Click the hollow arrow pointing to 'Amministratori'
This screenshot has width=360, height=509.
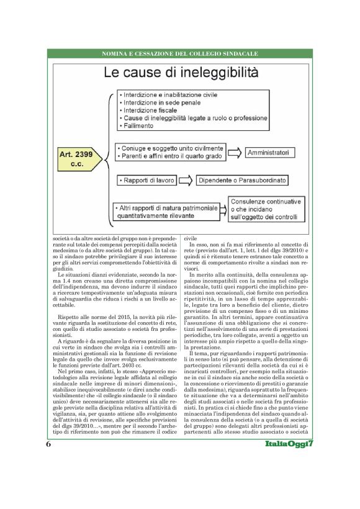[233, 151]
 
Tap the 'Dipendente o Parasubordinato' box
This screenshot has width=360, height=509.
[243, 180]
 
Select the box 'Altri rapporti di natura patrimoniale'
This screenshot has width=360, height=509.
[168, 210]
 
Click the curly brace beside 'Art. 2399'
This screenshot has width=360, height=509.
[107, 155]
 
